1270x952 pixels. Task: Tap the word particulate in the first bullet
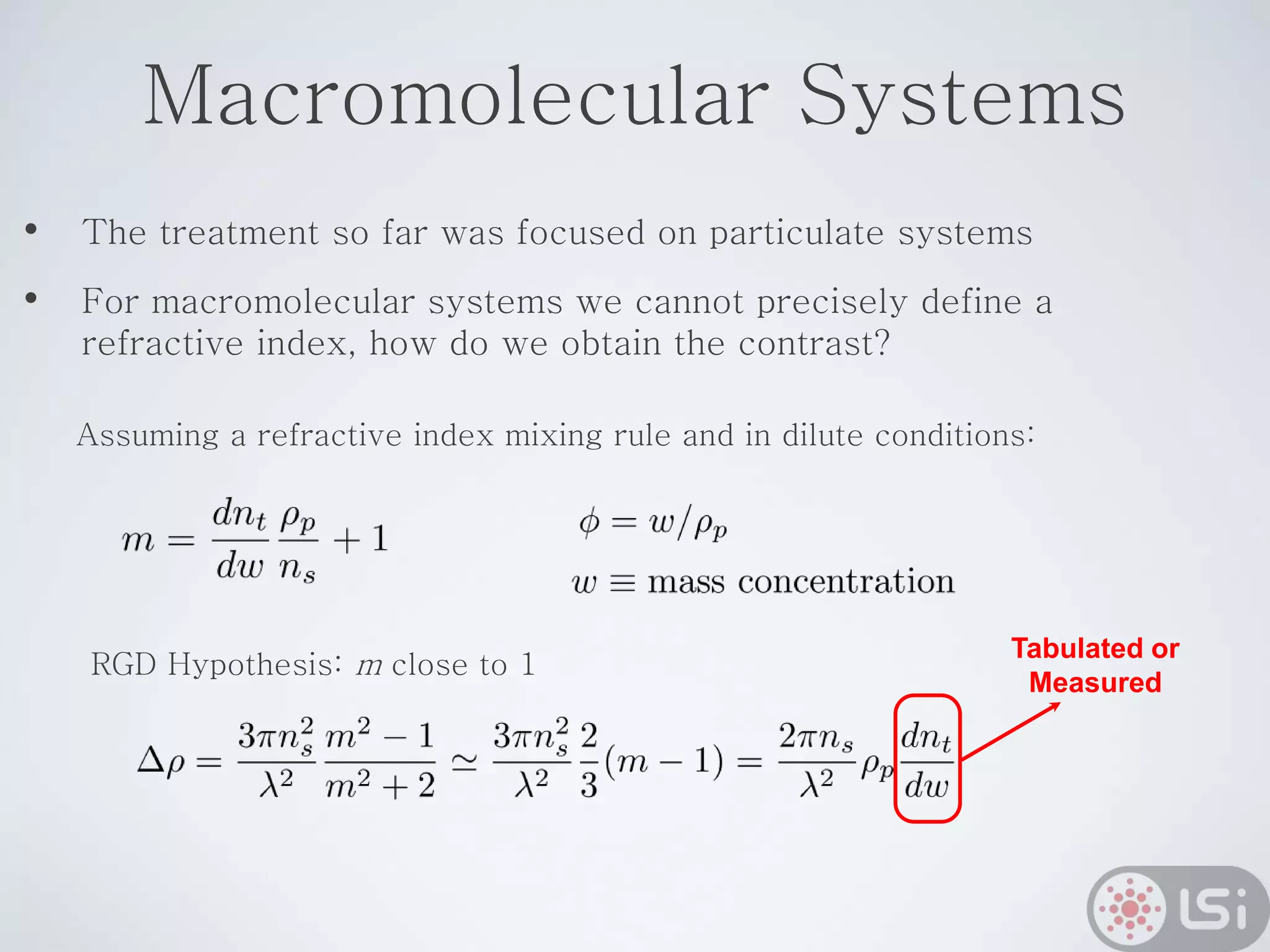(796, 233)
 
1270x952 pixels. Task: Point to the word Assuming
(148, 435)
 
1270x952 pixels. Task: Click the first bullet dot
(31, 231)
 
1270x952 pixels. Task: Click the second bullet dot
(31, 299)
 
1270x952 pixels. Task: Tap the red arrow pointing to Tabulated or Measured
(1011, 731)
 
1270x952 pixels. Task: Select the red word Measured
(1095, 682)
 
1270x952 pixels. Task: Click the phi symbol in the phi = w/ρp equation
(589, 524)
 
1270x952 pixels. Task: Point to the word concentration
(846, 582)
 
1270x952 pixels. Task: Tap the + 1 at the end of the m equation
(361, 539)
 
